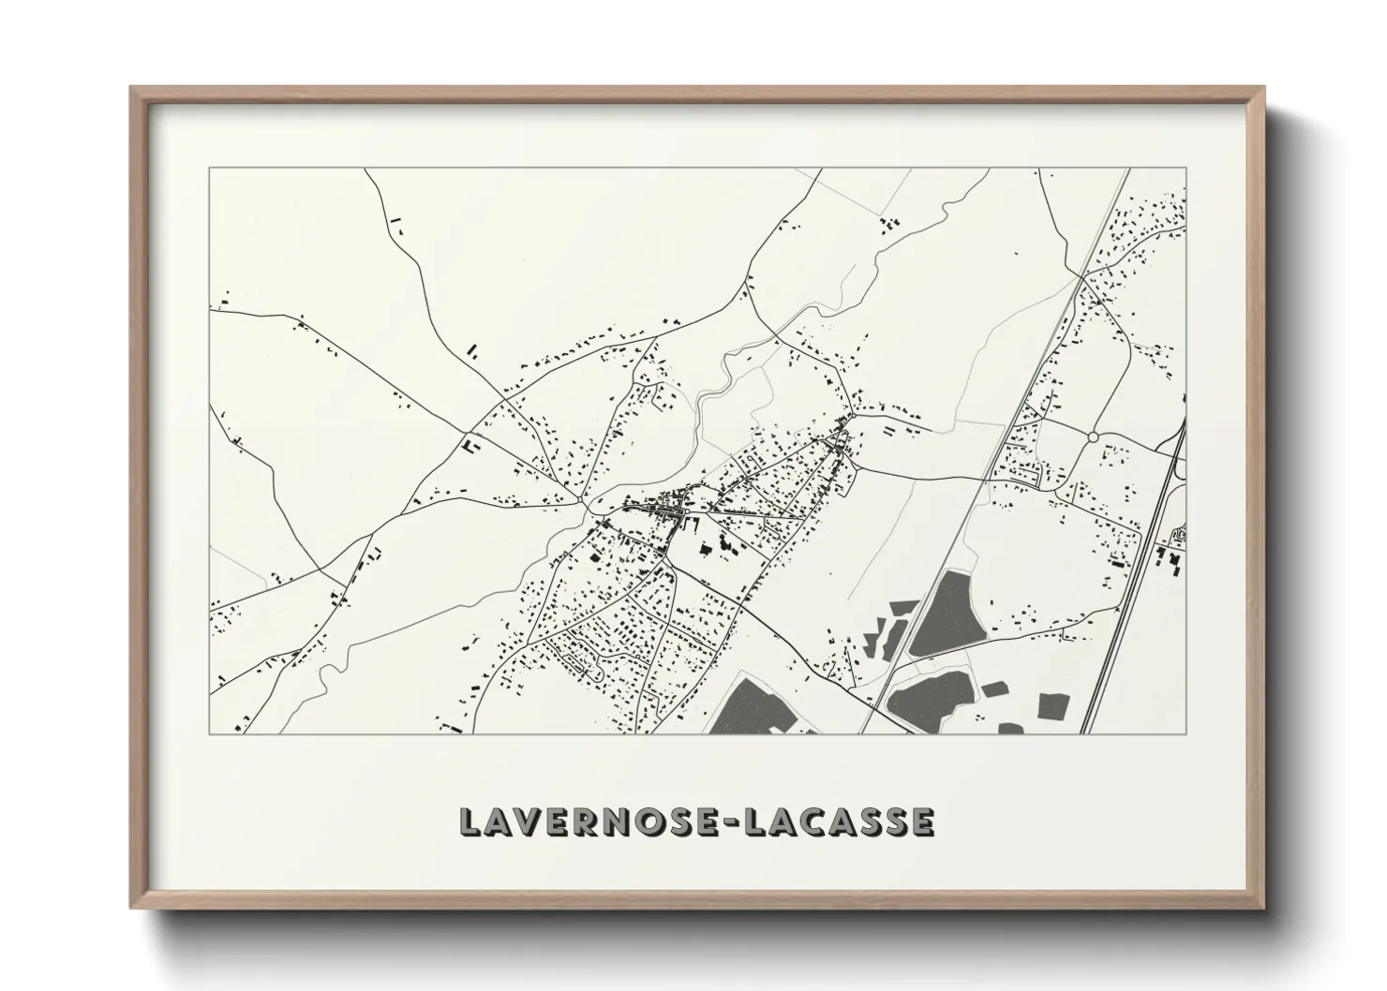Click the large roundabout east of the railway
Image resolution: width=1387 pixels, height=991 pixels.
(x=1093, y=436)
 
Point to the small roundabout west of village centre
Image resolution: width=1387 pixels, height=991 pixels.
(x=587, y=507)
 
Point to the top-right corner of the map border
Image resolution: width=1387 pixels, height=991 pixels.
(x=1186, y=169)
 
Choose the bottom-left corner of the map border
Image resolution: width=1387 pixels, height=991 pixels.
(x=210, y=733)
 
